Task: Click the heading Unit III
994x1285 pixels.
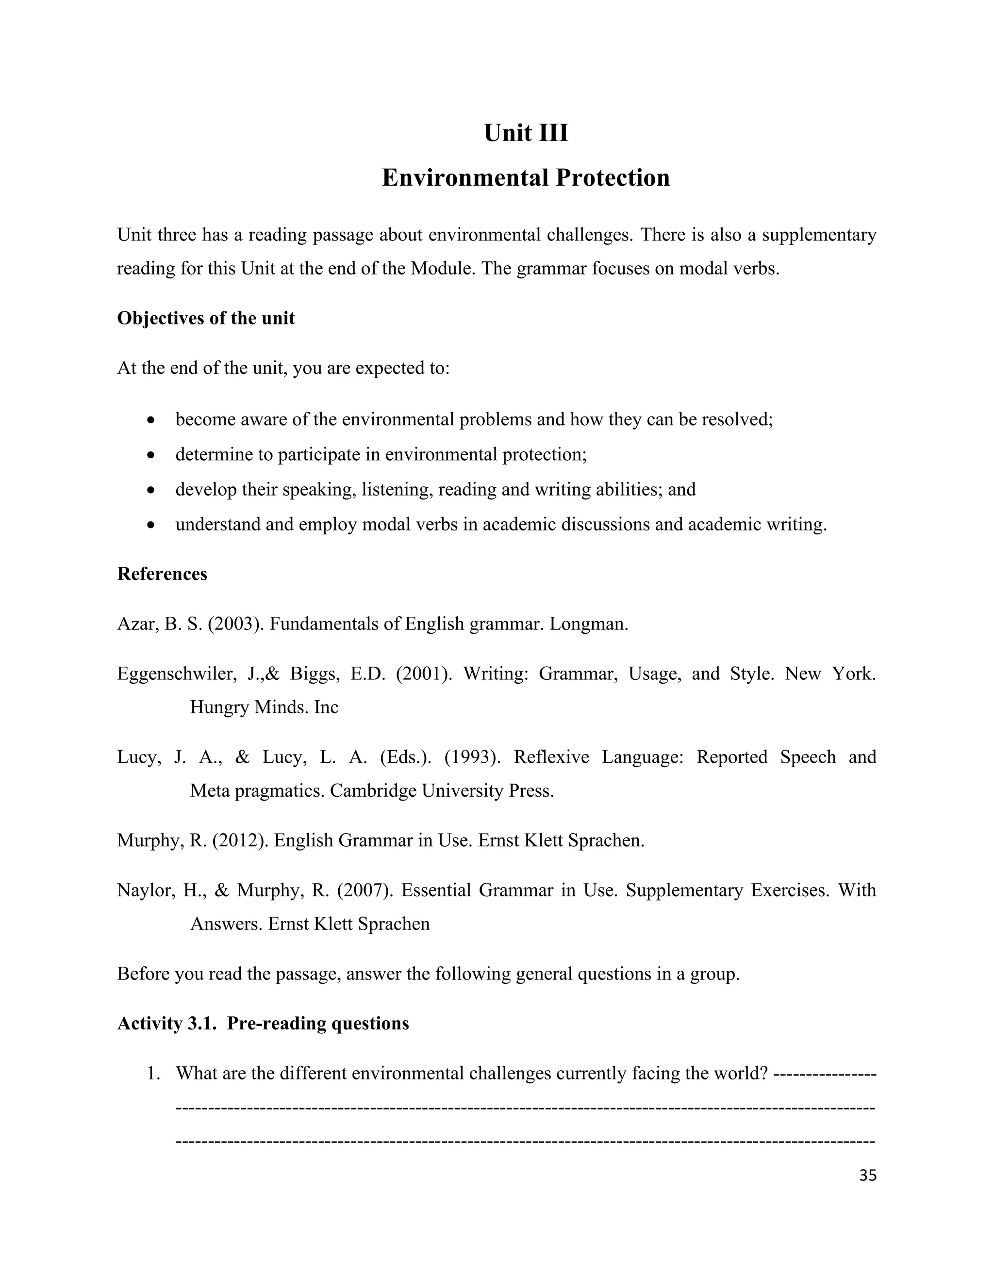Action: pos(525,133)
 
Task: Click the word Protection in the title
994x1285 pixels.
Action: pos(612,177)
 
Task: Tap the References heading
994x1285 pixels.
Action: pos(162,574)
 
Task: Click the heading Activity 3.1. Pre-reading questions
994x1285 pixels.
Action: pos(263,1023)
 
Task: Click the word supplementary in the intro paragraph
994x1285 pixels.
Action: pos(818,235)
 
